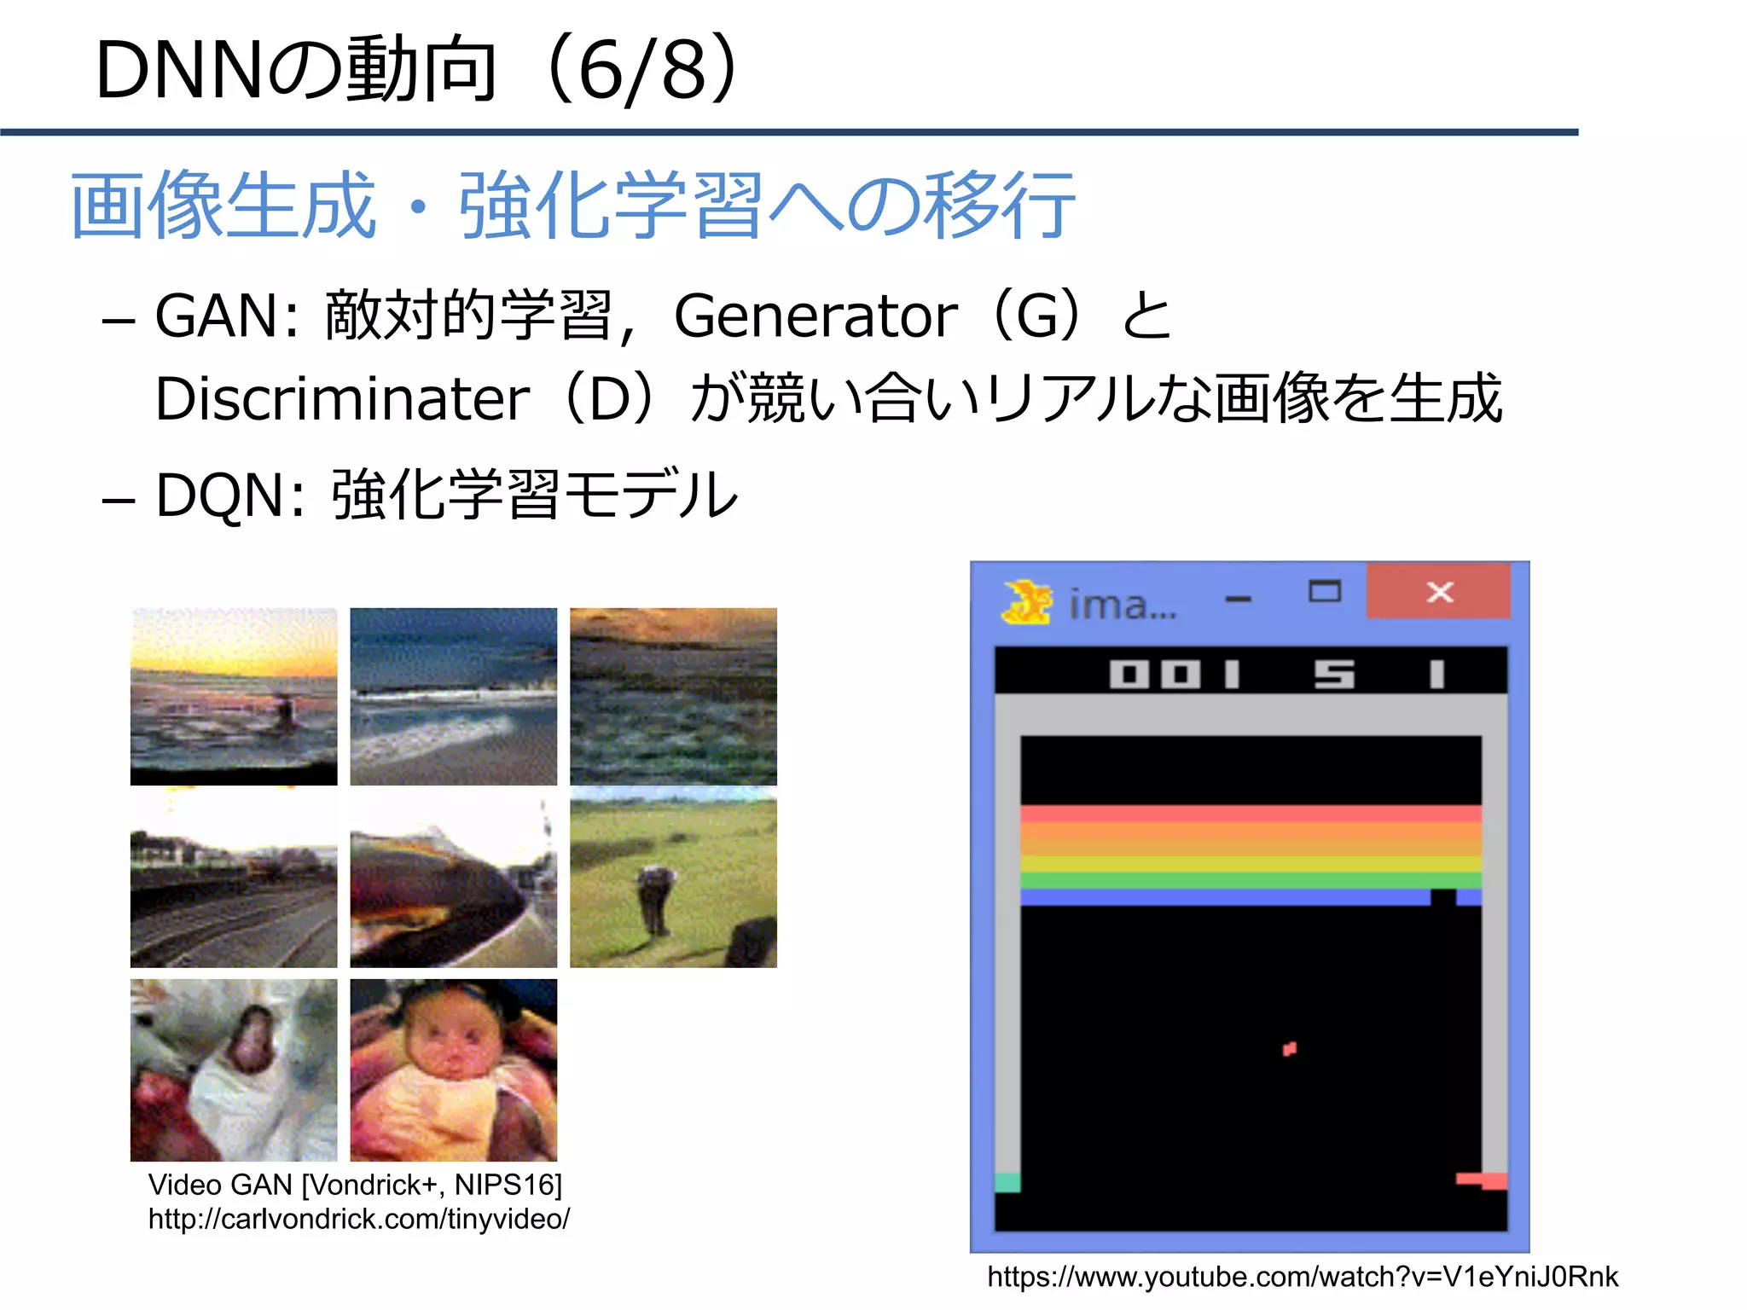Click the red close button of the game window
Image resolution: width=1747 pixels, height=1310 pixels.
tap(1438, 590)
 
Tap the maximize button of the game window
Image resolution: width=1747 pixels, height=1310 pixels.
tap(1324, 591)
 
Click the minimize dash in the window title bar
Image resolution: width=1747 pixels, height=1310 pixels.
tap(1238, 599)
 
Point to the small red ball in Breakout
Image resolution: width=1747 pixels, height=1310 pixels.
tap(1290, 1048)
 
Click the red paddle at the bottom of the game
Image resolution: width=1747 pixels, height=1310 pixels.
tap(1482, 1180)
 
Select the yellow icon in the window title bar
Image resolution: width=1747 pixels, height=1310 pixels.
tap(1027, 602)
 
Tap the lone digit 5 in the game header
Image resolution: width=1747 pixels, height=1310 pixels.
tap(1334, 675)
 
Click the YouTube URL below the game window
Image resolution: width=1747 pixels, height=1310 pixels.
tap(1302, 1277)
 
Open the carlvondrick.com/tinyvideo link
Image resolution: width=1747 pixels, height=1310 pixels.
tap(358, 1220)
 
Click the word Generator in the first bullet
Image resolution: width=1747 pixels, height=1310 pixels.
tap(815, 317)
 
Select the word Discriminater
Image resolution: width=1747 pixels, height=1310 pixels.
tap(342, 399)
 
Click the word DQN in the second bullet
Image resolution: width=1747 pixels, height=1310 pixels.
tap(219, 496)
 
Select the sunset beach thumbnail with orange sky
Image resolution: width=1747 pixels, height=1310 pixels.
tap(234, 696)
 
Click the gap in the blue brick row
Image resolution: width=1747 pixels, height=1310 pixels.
tap(1442, 896)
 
